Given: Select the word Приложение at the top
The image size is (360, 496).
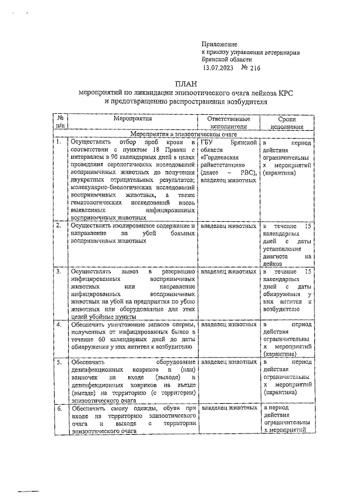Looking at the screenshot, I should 219,44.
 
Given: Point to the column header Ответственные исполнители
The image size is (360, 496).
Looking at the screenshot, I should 228,123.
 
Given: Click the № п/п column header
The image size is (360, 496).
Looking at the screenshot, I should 60,123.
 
